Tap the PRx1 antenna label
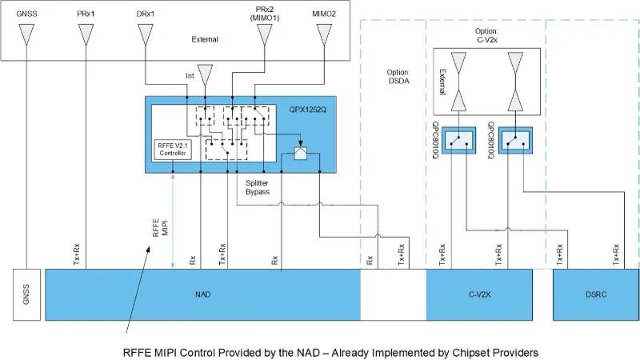click(86, 14)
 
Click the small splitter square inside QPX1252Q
click(300, 154)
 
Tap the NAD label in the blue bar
click(202, 295)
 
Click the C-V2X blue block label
click(479, 295)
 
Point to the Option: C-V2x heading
click(486, 34)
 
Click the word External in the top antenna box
click(205, 39)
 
